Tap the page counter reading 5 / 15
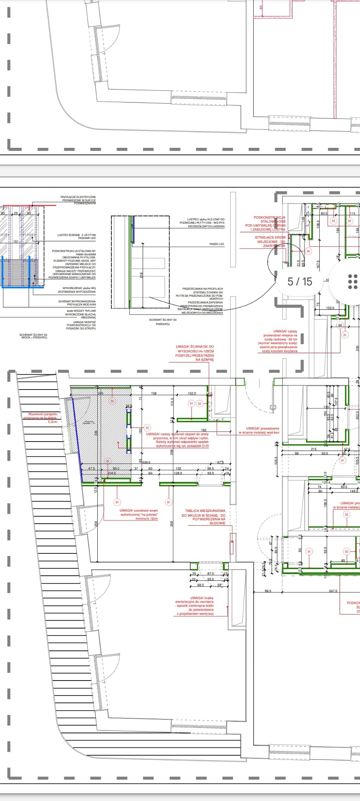click(x=300, y=281)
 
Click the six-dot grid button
click(x=352, y=282)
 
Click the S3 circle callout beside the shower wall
click(x=147, y=428)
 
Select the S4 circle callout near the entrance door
click(x=308, y=251)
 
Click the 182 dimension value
click(x=204, y=430)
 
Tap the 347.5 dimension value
click(x=333, y=591)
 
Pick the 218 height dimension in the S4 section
click(x=141, y=275)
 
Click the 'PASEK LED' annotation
click(x=217, y=244)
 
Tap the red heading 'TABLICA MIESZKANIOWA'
click(x=205, y=511)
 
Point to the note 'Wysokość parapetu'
click(x=43, y=414)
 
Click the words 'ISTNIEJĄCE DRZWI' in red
click(x=270, y=237)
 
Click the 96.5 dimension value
click(x=268, y=591)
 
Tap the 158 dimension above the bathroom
click(x=154, y=393)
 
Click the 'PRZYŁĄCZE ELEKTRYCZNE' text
click(x=78, y=197)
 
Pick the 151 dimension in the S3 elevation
click(x=16, y=242)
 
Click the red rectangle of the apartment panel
click(x=232, y=544)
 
